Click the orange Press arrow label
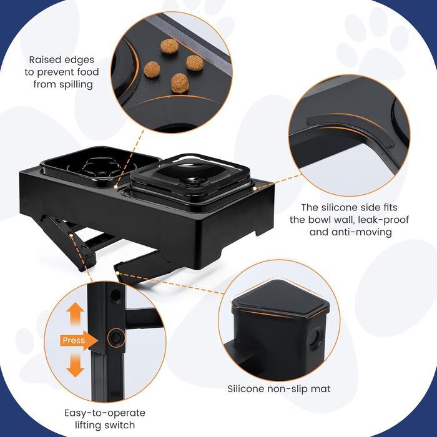point(79,340)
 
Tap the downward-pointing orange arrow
point(76,365)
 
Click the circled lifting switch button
point(115,338)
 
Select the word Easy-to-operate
point(105,413)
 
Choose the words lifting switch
point(105,425)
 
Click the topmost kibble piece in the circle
point(169,46)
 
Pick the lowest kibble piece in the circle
point(180,83)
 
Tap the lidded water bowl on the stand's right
point(190,179)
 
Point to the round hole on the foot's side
point(315,337)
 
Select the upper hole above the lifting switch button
point(115,296)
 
